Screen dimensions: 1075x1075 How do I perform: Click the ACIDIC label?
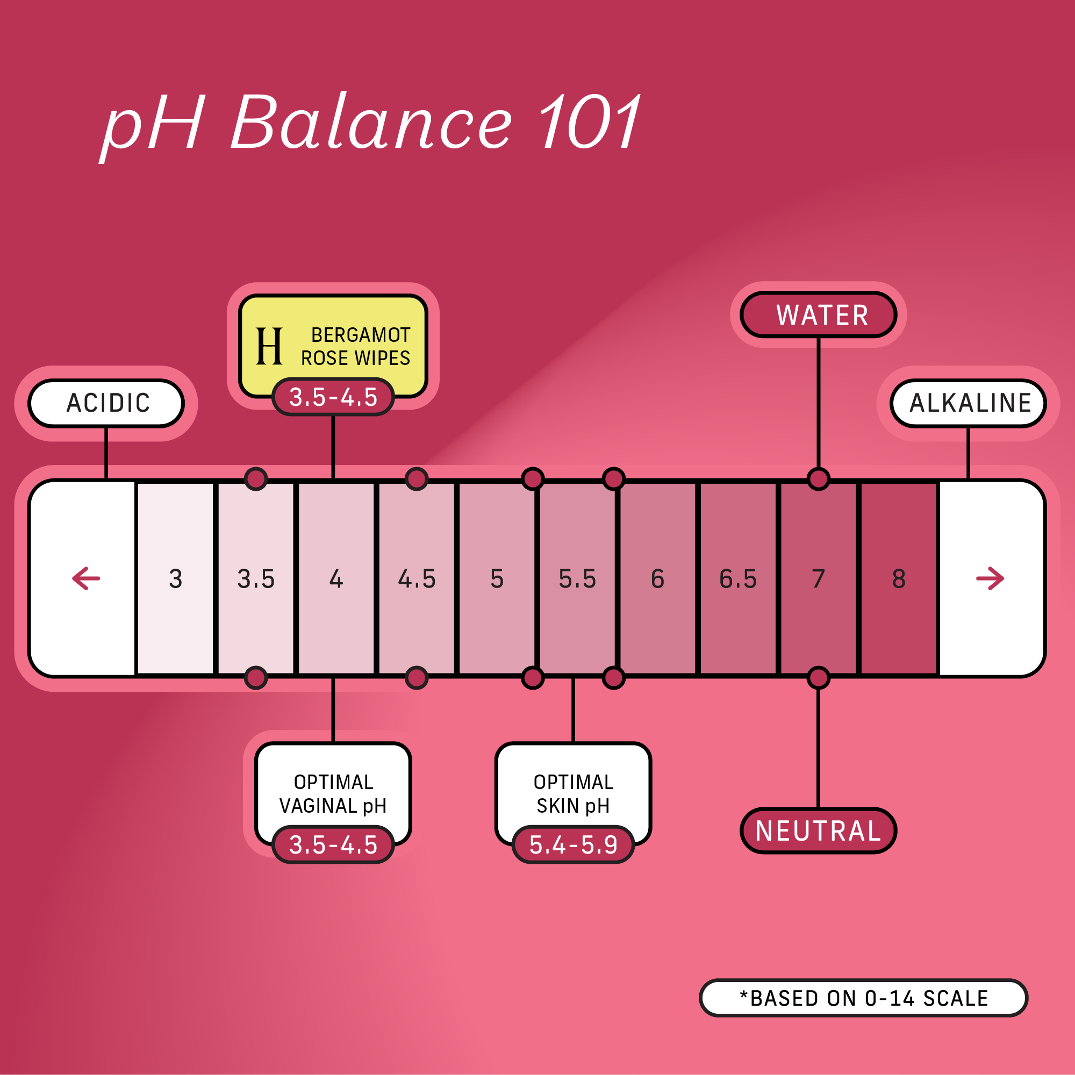coord(106,403)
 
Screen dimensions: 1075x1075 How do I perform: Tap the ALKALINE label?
coord(969,403)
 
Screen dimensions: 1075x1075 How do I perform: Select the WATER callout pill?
coord(819,315)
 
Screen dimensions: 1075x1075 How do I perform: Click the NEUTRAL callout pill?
coord(819,831)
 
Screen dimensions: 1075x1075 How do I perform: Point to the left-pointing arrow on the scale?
coord(86,579)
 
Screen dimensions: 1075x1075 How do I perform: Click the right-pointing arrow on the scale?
coord(990,579)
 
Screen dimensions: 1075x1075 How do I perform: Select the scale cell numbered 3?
coord(175,579)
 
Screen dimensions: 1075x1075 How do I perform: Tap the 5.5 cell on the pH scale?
coord(577,579)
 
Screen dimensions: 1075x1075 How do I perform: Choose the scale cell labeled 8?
coord(899,579)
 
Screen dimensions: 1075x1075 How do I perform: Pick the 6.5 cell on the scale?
coord(738,579)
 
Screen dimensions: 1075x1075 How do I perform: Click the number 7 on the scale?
coord(818,579)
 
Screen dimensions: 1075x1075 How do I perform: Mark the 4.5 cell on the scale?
coord(417,579)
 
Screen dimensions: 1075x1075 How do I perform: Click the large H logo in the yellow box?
coord(269,346)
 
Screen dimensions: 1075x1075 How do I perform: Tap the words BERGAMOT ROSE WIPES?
coord(356,346)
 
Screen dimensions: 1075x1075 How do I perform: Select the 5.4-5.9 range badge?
coord(573,844)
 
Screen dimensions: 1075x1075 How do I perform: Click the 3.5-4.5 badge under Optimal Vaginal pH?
coord(333,844)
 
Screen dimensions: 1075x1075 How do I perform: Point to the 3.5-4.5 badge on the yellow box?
coord(333,397)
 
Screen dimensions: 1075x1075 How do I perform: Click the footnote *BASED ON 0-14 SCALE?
coord(863,998)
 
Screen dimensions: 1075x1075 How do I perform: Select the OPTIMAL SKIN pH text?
coord(573,794)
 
